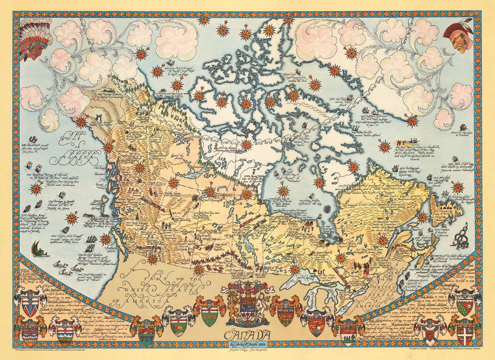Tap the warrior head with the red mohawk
pos(459,36)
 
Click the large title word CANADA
pos(248,334)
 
